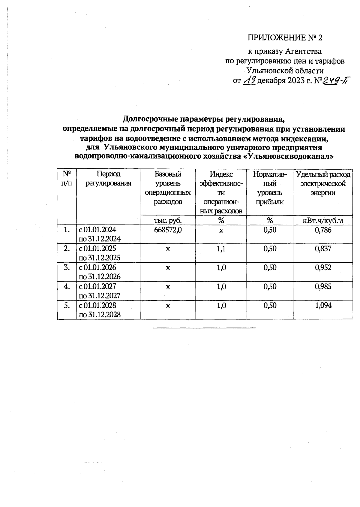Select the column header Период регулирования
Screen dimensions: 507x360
[108, 179]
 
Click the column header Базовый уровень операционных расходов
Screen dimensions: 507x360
[168, 188]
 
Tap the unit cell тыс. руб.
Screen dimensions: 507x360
[168, 221]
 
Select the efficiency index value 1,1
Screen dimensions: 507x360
[221, 249]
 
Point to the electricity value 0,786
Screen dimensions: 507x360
[323, 230]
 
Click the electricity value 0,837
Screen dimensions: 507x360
[323, 249]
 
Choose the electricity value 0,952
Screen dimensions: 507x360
[323, 267]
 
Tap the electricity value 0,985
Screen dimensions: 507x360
[323, 286]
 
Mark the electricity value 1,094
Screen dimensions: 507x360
[323, 305]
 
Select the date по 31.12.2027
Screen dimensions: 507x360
[100, 296]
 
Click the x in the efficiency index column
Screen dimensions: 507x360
[221, 230]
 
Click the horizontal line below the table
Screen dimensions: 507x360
[204, 328]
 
